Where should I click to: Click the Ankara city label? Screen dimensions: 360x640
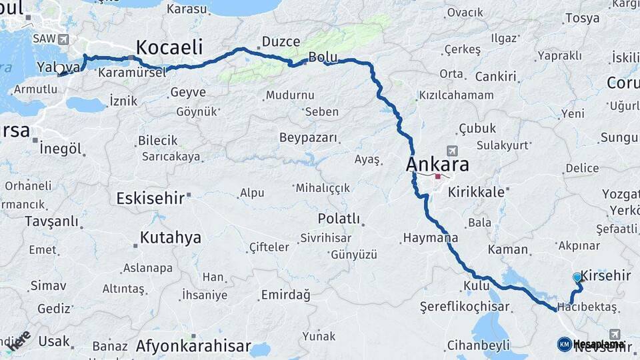point(437,165)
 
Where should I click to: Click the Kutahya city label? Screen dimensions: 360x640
point(170,237)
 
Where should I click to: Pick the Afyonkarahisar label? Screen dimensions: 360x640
point(193,346)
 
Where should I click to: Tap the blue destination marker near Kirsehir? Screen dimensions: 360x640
point(577,277)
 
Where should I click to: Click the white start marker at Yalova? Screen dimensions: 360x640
point(60,69)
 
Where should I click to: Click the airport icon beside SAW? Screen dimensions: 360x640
point(64,39)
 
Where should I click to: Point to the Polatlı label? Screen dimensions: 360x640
point(339,219)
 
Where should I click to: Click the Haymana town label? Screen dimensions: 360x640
point(430,238)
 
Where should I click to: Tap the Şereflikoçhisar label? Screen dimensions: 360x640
point(465,307)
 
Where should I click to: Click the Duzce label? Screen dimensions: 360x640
point(281,42)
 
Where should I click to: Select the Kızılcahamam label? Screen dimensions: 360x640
point(456,95)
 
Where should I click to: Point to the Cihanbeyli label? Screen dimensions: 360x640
point(478,345)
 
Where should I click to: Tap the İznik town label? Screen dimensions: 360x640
point(123,101)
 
